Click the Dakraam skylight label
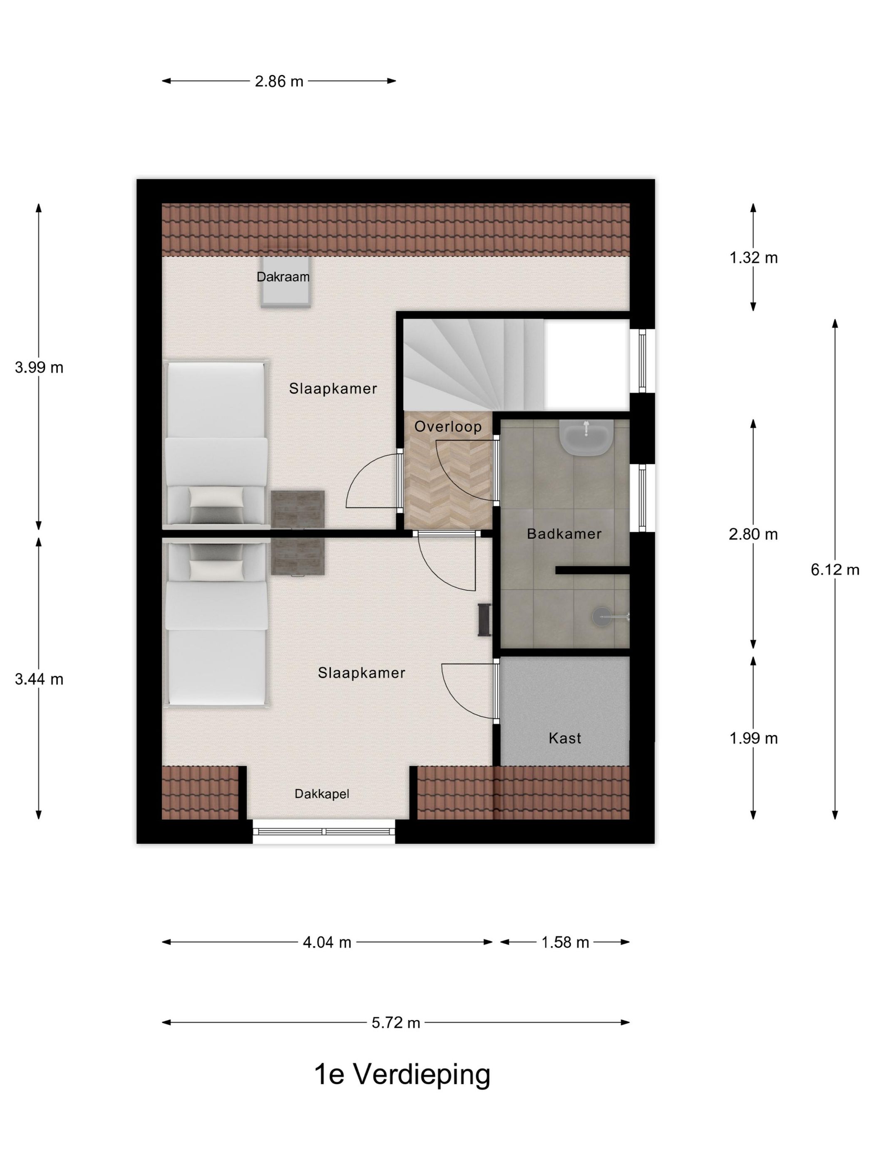(x=283, y=277)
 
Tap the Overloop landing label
(x=448, y=426)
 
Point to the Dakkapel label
(x=321, y=794)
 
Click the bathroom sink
(x=585, y=437)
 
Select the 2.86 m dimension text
(x=279, y=82)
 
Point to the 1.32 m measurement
(x=753, y=258)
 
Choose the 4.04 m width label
(x=327, y=942)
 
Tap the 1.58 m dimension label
(x=565, y=942)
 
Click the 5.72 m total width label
(x=396, y=1023)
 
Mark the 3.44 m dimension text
(x=39, y=679)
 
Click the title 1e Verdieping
(x=402, y=1076)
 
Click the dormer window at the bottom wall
(x=323, y=832)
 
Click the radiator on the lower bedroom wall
(x=484, y=620)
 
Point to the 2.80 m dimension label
(x=753, y=535)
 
